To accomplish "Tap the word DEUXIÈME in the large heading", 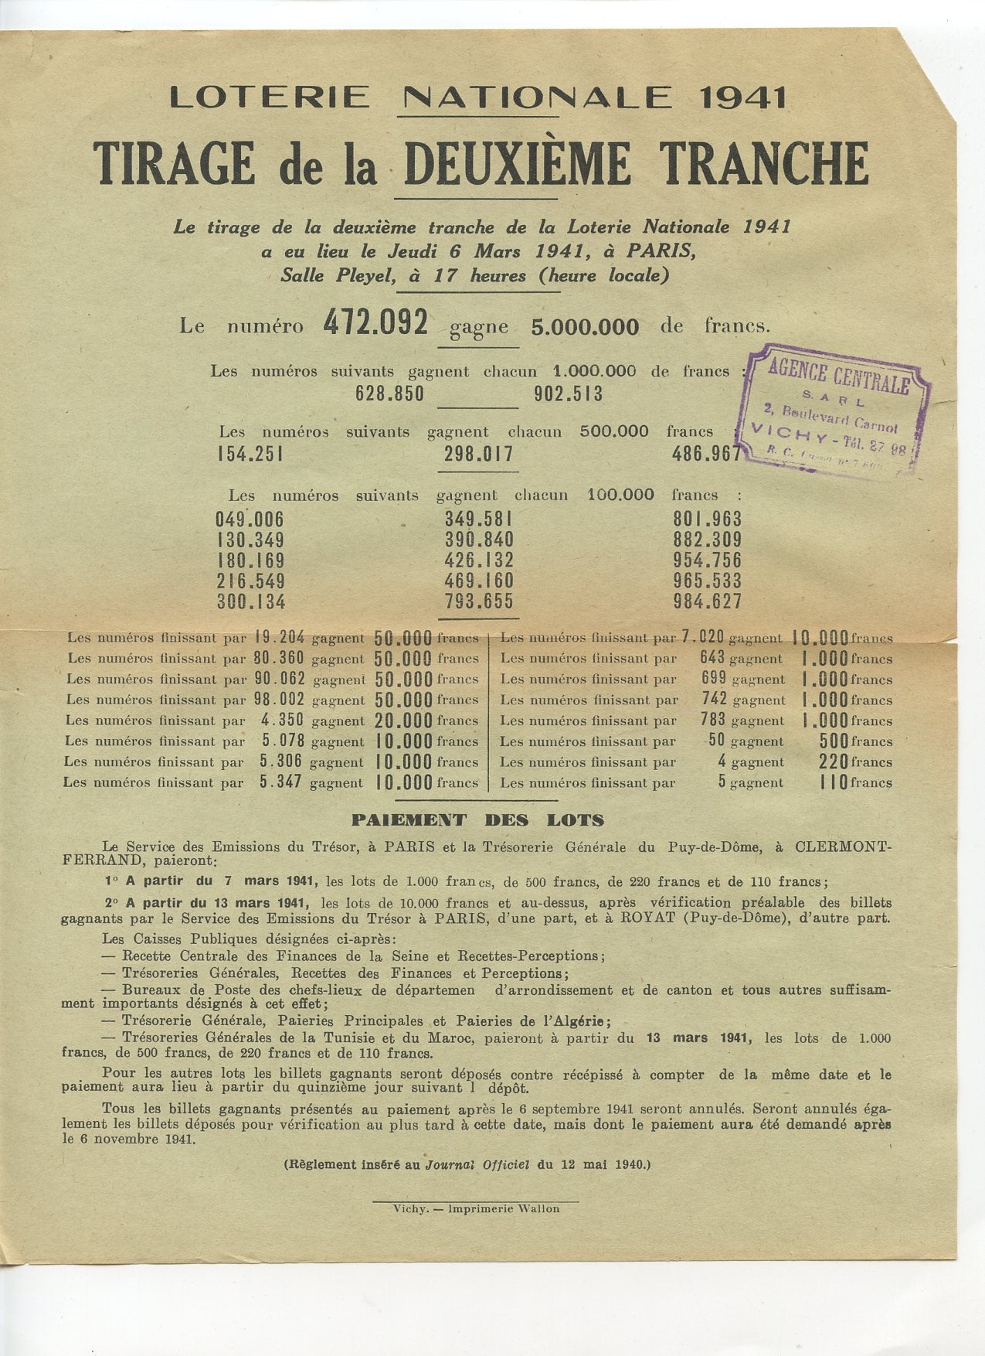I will (x=516, y=164).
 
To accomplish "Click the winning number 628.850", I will (x=389, y=394).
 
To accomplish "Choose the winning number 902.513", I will (x=568, y=394).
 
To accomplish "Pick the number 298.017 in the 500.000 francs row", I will (x=478, y=454).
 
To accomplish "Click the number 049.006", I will (x=250, y=520).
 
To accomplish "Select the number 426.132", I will (x=479, y=560).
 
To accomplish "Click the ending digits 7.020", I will (x=702, y=638).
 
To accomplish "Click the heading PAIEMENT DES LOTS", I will (x=478, y=819).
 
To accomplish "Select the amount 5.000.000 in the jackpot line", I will (x=585, y=327).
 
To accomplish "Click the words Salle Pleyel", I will (x=333, y=275).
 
